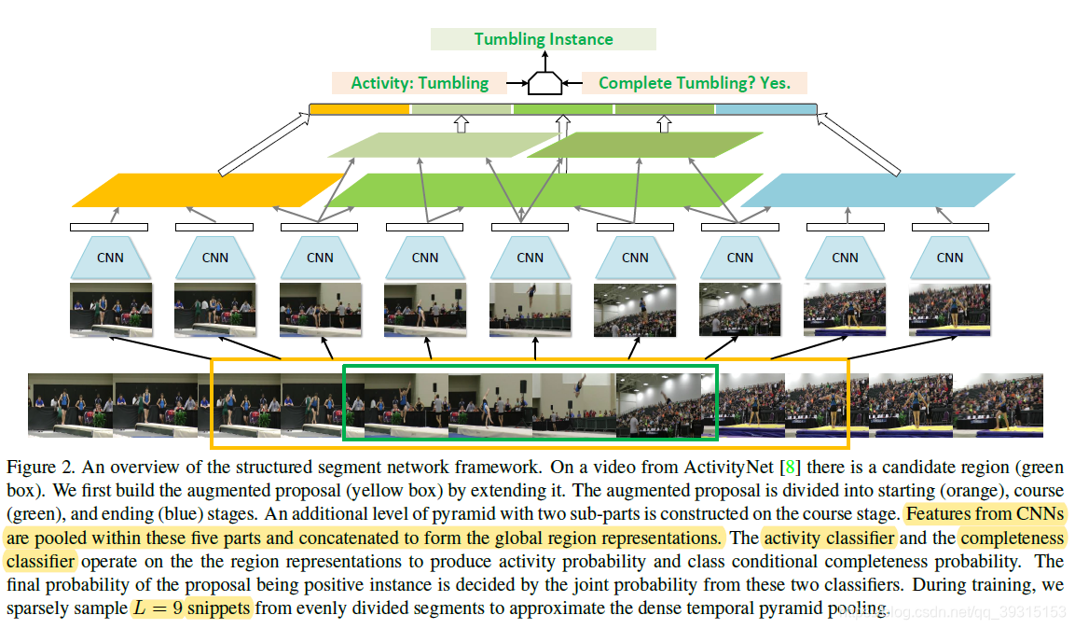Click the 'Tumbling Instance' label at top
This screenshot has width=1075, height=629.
click(543, 39)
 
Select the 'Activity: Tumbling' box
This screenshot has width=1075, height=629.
click(419, 83)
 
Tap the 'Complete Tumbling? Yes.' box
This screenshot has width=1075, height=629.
click(694, 83)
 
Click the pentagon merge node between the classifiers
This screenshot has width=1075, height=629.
click(545, 83)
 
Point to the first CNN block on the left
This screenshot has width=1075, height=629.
click(110, 258)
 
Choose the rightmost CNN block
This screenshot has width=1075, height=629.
click(950, 258)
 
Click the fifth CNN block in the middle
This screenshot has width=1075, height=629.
click(530, 258)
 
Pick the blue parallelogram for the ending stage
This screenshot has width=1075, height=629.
click(876, 190)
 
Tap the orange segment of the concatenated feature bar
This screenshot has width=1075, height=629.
click(359, 109)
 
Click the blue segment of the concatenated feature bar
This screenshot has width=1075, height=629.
click(765, 109)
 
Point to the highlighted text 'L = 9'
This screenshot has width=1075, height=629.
click(156, 608)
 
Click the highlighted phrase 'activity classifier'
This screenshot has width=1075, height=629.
click(829, 538)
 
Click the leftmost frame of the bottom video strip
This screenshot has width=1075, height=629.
click(70, 404)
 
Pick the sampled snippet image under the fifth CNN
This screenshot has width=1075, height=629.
click(530, 309)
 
